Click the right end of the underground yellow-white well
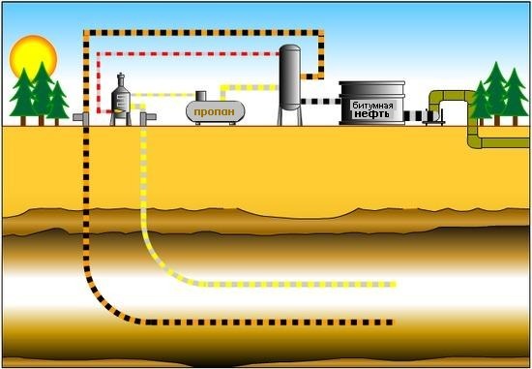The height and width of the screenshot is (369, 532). coord(394,285)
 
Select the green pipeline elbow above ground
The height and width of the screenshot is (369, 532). coord(440,97)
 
